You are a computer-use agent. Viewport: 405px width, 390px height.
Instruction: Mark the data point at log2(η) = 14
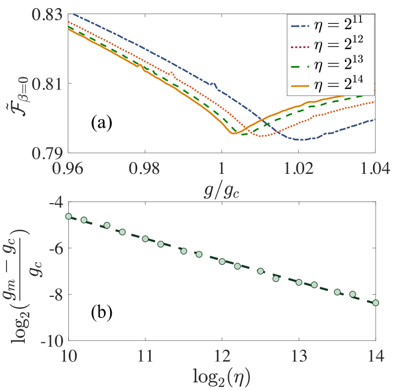click(x=375, y=303)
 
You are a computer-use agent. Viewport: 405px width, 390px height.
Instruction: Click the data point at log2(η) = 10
click(x=68, y=216)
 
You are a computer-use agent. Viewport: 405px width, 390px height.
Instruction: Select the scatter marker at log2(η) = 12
click(x=222, y=261)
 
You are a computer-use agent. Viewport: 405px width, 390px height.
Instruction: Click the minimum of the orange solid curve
click(x=233, y=133)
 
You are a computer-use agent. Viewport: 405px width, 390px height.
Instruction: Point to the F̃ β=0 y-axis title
click(x=18, y=84)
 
